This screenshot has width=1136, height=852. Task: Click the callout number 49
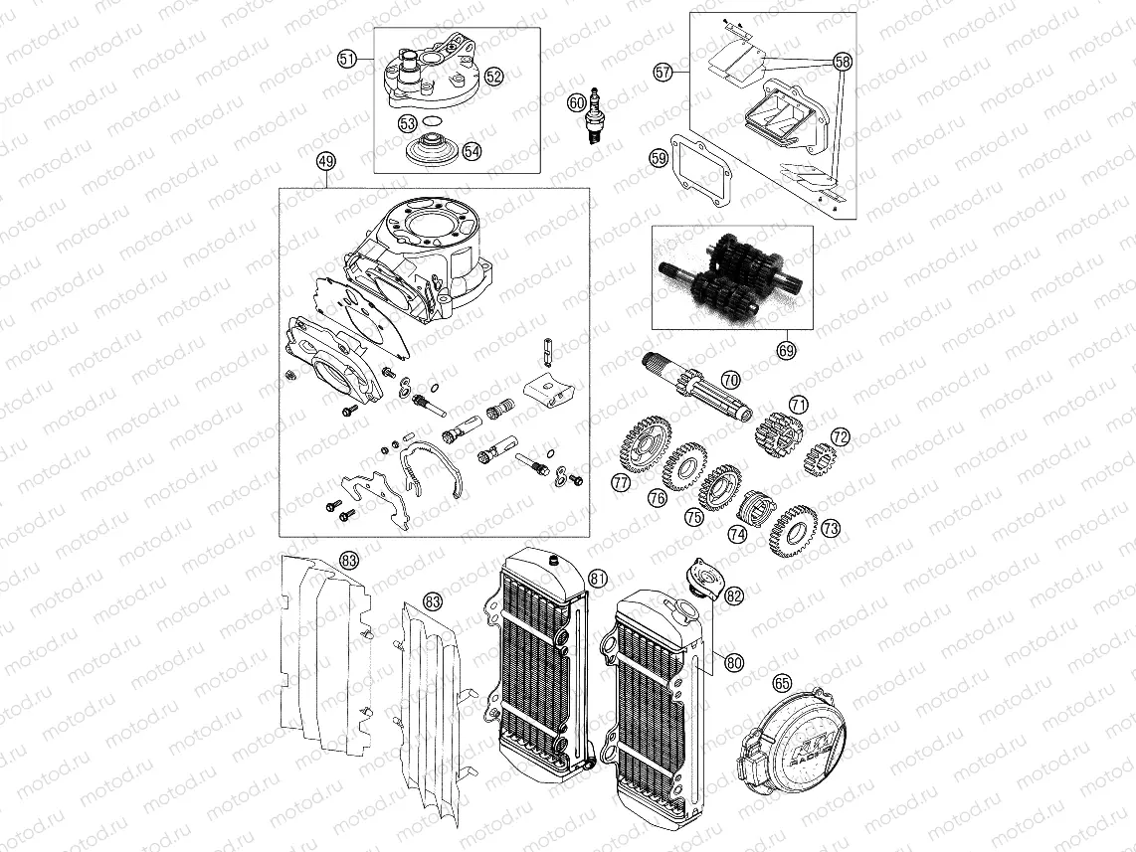click(324, 162)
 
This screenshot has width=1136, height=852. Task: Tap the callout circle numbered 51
click(347, 60)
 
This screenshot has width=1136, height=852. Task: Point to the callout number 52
click(494, 75)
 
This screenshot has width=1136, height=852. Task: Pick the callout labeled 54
click(472, 152)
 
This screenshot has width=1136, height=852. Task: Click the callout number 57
click(663, 72)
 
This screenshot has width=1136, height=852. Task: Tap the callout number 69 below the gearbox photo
click(786, 350)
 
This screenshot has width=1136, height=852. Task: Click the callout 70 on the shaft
click(730, 380)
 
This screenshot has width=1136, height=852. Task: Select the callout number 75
click(693, 518)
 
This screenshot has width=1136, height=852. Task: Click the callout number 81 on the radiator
click(597, 579)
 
